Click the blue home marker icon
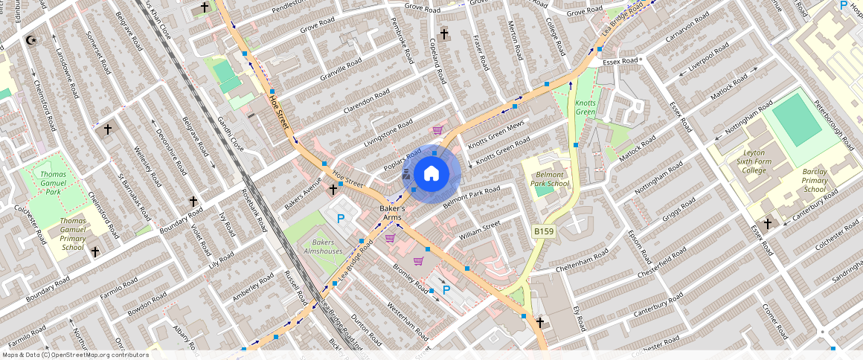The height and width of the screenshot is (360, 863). [431, 174]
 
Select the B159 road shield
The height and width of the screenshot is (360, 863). [544, 233]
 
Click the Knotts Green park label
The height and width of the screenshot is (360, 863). [585, 108]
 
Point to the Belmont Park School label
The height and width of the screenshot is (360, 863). [552, 179]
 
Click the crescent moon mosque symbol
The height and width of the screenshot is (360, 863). [31, 39]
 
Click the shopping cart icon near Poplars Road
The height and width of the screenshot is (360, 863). [437, 130]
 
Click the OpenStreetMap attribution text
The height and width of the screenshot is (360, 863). [74, 355]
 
